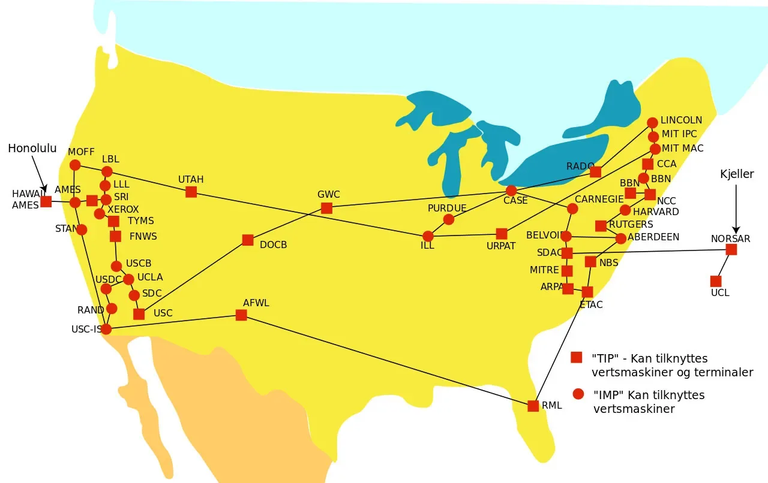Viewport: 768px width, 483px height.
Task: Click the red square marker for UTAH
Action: point(191,192)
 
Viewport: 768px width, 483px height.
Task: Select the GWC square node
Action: point(326,208)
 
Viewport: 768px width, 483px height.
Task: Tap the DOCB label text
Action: point(273,244)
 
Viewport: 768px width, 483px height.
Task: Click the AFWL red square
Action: point(241,315)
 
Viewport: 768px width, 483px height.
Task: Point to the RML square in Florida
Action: point(533,406)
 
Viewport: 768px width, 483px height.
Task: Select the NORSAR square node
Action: point(731,249)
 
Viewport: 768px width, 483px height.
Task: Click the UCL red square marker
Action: point(716,281)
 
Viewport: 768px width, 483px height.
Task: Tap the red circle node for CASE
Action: point(511,191)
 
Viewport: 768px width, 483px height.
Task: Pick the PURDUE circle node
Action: point(449,219)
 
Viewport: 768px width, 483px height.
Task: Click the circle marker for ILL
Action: point(428,236)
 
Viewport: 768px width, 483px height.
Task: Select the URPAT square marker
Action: point(502,234)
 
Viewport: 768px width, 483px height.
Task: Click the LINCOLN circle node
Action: point(652,123)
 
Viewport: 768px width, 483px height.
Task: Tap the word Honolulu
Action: point(32,149)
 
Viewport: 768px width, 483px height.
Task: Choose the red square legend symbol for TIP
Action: point(577,357)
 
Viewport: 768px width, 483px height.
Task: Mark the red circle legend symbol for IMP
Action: point(578,394)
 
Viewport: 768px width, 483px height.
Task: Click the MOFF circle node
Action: point(75,165)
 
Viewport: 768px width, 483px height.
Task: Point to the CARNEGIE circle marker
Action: point(572,209)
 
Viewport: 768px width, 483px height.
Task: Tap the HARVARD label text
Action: point(656,212)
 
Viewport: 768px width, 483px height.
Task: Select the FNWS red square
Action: point(116,236)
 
